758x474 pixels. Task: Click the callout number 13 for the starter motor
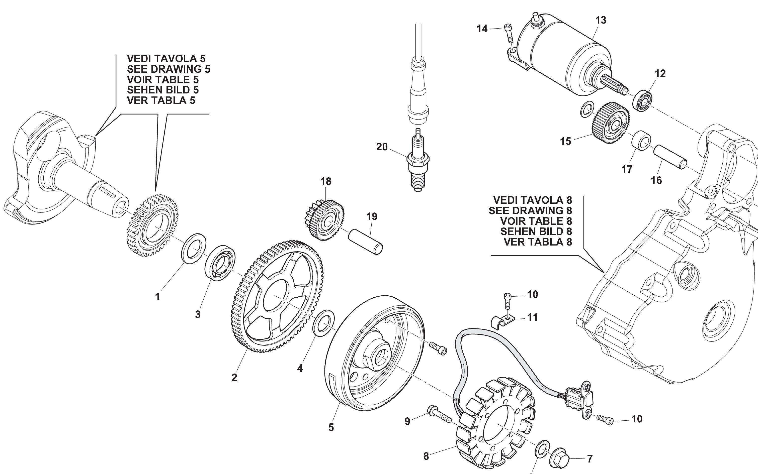[601, 20]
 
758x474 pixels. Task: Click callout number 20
[382, 147]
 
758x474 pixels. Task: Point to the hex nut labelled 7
[560, 458]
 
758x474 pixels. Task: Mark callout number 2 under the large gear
[234, 378]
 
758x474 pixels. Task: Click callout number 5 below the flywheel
[331, 427]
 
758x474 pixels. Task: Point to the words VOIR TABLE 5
[162, 80]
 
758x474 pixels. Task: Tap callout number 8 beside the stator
[426, 456]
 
